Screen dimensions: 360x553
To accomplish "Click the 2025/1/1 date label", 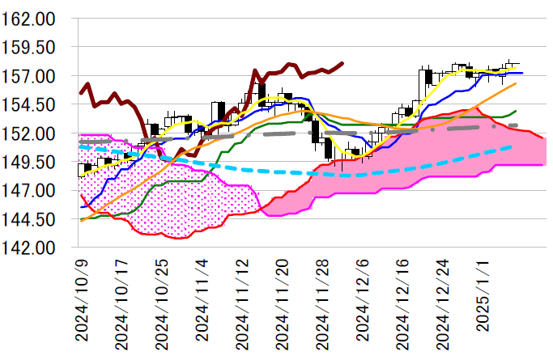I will point(483,295).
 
